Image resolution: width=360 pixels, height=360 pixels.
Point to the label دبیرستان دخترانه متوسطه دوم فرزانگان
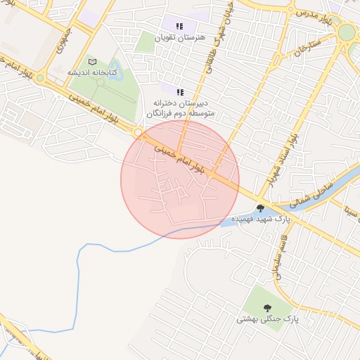(x=180, y=107)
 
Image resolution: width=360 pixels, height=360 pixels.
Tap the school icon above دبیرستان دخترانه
(x=179, y=91)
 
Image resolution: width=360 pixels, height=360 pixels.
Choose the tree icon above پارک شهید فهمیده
(x=261, y=208)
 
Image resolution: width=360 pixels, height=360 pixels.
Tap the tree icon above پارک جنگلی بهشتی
(x=267, y=307)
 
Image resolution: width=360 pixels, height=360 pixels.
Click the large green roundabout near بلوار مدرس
(x=347, y=32)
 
